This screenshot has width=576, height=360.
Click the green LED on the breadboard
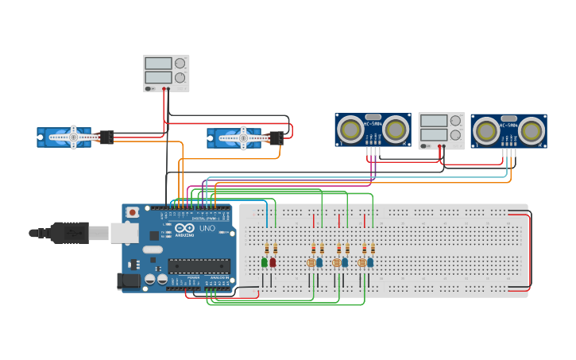tap(265, 261)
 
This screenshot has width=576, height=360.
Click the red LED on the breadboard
tap(273, 261)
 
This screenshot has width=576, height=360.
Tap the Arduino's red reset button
tap(133, 212)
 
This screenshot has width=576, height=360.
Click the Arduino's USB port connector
tap(122, 232)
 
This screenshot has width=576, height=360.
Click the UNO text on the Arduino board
tap(207, 228)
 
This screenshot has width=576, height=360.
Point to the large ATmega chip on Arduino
tap(198, 266)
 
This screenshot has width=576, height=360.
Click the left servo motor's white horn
tap(73, 137)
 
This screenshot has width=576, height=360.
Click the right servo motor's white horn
tap(243, 138)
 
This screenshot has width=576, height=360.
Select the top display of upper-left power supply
tap(158, 63)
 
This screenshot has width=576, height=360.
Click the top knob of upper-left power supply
tap(180, 63)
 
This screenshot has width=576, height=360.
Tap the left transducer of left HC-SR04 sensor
tap(350, 128)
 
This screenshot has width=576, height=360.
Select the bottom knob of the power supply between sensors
tap(455, 135)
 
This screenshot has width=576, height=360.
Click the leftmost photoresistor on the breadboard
tap(311, 261)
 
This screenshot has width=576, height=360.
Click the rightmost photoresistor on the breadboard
tap(361, 261)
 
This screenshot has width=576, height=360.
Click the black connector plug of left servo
tap(106, 137)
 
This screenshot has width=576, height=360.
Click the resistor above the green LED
tap(266, 248)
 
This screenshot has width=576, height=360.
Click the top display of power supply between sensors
tap(433, 121)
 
